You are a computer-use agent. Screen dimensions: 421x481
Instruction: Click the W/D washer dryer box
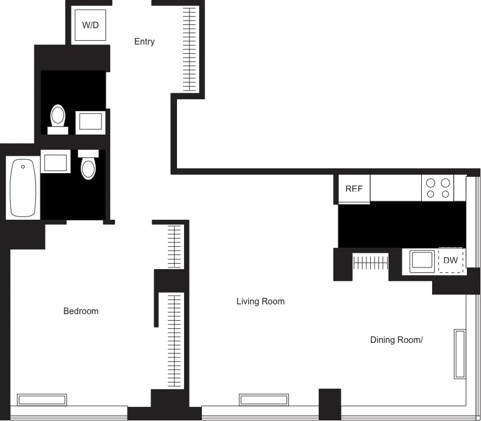pos(90,25)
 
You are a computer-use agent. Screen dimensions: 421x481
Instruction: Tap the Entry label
pos(144,42)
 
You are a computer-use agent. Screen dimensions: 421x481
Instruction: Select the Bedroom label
pos(81,311)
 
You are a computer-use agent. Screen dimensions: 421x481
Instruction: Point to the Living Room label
pos(261,302)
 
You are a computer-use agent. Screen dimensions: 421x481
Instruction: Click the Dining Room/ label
pos(396,340)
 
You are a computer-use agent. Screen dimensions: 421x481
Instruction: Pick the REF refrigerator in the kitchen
pos(354,189)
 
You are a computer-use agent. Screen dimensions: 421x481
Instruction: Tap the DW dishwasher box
pos(451,261)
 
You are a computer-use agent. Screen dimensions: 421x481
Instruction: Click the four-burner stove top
pos(438,188)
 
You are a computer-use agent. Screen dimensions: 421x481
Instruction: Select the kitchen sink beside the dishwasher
pos(423,261)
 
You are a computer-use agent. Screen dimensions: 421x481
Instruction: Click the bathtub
pos(23,188)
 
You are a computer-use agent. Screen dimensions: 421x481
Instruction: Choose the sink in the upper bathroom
pos(91,122)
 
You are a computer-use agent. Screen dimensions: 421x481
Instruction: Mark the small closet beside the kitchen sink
pos(370,263)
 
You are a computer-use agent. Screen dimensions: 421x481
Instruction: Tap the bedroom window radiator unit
pos(42,400)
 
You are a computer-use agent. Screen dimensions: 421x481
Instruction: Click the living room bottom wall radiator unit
pos(264,400)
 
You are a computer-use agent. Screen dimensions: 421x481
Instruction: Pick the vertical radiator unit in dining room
pos(460,354)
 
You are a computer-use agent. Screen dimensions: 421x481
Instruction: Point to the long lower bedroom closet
pos(174,340)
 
